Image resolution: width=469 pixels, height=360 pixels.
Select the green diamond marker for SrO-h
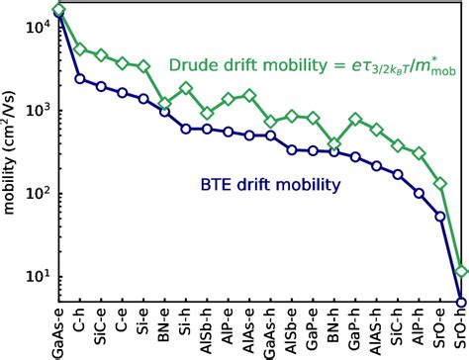point(461,270)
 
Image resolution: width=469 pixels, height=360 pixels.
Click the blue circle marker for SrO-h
point(461,302)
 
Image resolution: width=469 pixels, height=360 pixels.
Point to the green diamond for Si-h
point(186,88)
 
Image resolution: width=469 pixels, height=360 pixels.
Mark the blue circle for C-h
point(80,78)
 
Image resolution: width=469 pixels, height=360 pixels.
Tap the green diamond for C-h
point(80,48)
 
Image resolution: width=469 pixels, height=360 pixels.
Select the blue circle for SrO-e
point(440,216)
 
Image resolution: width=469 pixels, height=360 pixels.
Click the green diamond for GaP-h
point(355,119)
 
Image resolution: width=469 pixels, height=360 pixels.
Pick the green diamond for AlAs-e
point(249,95)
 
